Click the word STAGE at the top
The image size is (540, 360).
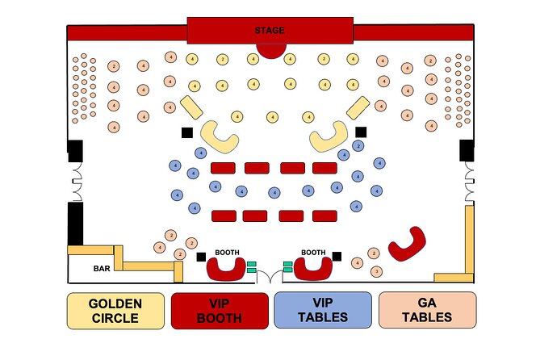point(270,31)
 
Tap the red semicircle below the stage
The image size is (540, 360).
point(270,50)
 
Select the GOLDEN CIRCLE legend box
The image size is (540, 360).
point(115,310)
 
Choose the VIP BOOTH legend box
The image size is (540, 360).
point(219,310)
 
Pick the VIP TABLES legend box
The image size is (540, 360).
point(323,310)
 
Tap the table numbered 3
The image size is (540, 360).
point(375,272)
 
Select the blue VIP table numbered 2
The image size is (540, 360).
point(358,146)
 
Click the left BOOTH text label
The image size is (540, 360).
point(226,252)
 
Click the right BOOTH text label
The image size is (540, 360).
point(313,252)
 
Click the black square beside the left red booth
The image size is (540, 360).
point(200,257)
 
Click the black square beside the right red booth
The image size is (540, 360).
point(337,257)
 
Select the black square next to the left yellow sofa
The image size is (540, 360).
point(186,132)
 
